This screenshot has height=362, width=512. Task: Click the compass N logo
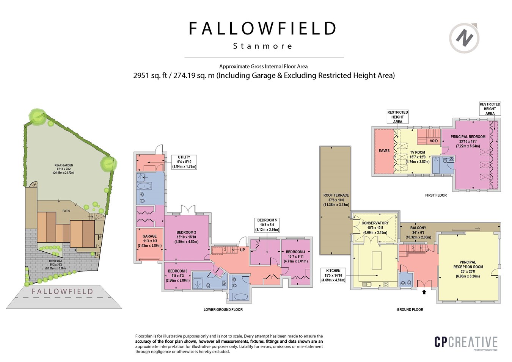pyautogui.click(x=464, y=38)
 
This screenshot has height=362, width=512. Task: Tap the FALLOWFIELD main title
pyautogui.click(x=262, y=29)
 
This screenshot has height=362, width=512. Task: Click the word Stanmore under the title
pyautogui.click(x=262, y=46)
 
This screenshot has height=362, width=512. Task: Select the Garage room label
pyautogui.click(x=149, y=241)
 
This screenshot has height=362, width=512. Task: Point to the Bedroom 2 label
pyautogui.click(x=186, y=237)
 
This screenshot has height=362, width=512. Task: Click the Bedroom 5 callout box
pyautogui.click(x=267, y=225)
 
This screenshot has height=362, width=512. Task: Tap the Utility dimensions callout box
pyautogui.click(x=184, y=162)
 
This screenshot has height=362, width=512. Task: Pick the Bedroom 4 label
pyautogui.click(x=295, y=256)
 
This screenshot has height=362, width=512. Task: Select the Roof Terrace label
pyautogui.click(x=336, y=200)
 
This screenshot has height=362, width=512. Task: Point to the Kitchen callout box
pyautogui.click(x=333, y=276)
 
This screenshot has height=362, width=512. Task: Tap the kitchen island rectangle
pyautogui.click(x=377, y=260)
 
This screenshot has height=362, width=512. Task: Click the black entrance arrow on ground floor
pyautogui.click(x=424, y=292)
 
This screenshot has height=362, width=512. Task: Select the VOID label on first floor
pyautogui.click(x=433, y=141)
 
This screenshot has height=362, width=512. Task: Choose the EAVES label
pyautogui.click(x=384, y=150)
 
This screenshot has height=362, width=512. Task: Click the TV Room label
pyautogui.click(x=417, y=157)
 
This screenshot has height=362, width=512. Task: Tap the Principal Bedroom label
pyautogui.click(x=468, y=141)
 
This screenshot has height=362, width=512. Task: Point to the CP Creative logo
pyautogui.click(x=466, y=342)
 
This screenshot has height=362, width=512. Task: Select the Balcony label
pyautogui.click(x=418, y=232)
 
